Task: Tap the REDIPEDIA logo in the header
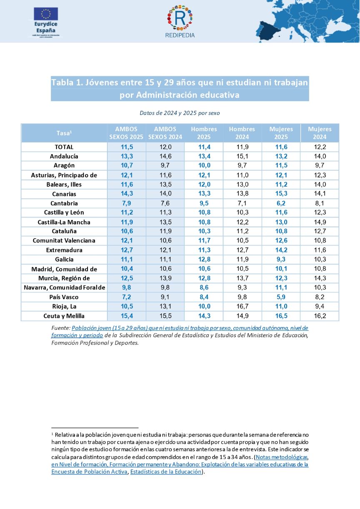tap(180, 21)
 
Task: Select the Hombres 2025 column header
tap(204, 133)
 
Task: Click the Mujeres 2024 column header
tap(320, 133)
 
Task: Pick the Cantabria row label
tap(64, 203)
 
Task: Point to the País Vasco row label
tap(64, 297)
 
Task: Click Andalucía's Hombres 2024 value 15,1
tap(242, 156)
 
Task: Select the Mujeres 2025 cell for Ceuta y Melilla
tap(281, 316)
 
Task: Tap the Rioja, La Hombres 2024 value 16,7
tap(242, 307)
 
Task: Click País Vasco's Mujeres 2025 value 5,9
tap(281, 297)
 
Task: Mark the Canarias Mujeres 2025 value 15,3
tap(281, 194)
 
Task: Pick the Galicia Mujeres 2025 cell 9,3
tap(281, 259)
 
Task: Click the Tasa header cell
tap(64, 133)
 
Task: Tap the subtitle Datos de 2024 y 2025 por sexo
tap(180, 113)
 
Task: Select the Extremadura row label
tap(64, 250)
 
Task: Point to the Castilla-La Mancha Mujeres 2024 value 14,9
tap(320, 222)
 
